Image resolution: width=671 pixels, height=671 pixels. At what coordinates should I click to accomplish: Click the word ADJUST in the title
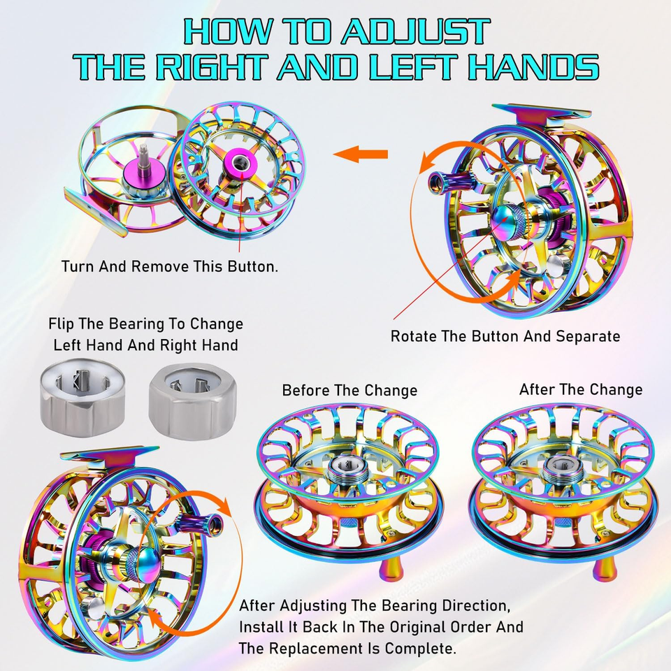coord(415,31)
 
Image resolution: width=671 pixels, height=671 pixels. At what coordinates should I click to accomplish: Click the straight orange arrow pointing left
coord(361,154)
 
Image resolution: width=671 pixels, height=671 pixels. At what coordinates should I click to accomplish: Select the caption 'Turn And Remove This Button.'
coord(169,266)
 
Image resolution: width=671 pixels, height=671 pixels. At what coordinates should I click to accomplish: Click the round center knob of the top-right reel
coord(507,221)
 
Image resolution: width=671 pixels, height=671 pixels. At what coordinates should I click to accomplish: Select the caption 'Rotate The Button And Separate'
coord(505,336)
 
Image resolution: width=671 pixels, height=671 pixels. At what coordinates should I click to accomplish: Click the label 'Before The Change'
coord(349,390)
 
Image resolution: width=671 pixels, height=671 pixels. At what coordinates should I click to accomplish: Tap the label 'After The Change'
coord(581,389)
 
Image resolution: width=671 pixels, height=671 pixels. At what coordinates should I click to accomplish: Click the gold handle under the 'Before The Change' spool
coord(391,568)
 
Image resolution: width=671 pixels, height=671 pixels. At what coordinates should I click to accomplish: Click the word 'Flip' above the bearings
coord(59,324)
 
